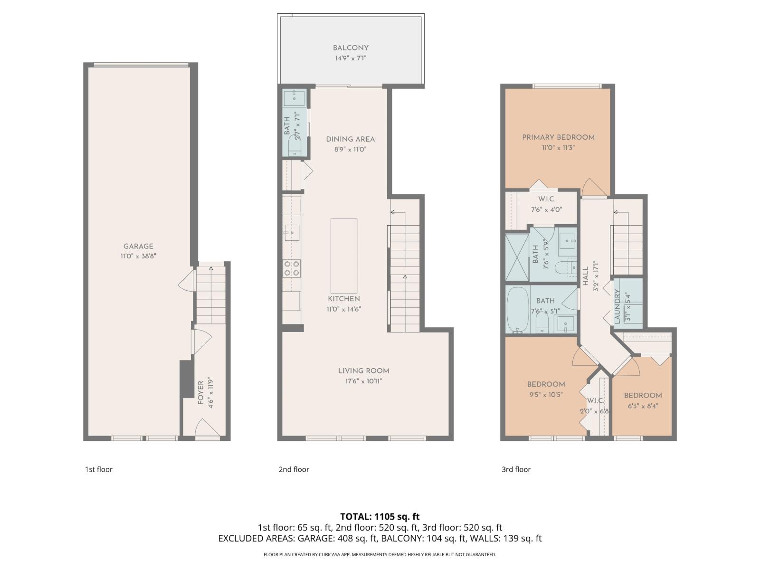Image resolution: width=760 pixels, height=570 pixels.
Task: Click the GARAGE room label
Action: (138, 246)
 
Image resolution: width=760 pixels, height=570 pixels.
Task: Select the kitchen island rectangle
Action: (344, 256)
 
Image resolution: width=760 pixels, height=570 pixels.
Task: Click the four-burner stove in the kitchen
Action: (292, 268)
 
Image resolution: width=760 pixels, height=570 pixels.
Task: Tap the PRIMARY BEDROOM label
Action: (558, 137)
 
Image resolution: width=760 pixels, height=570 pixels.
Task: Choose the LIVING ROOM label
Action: (363, 371)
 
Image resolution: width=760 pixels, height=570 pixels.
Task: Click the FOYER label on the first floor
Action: (200, 392)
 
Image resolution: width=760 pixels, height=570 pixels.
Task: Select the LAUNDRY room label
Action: (617, 307)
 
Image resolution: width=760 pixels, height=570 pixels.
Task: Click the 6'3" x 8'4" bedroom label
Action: (643, 396)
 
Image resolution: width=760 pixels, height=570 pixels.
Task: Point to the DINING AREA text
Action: (350, 139)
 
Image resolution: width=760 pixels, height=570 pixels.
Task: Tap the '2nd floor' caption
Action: (294, 469)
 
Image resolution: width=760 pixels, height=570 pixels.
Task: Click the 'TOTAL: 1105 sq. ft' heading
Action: (380, 516)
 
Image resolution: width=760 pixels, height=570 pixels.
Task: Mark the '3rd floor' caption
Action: (516, 469)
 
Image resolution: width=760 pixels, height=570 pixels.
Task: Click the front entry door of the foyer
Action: (207, 429)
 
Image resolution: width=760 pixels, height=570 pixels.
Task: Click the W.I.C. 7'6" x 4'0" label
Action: (546, 199)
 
